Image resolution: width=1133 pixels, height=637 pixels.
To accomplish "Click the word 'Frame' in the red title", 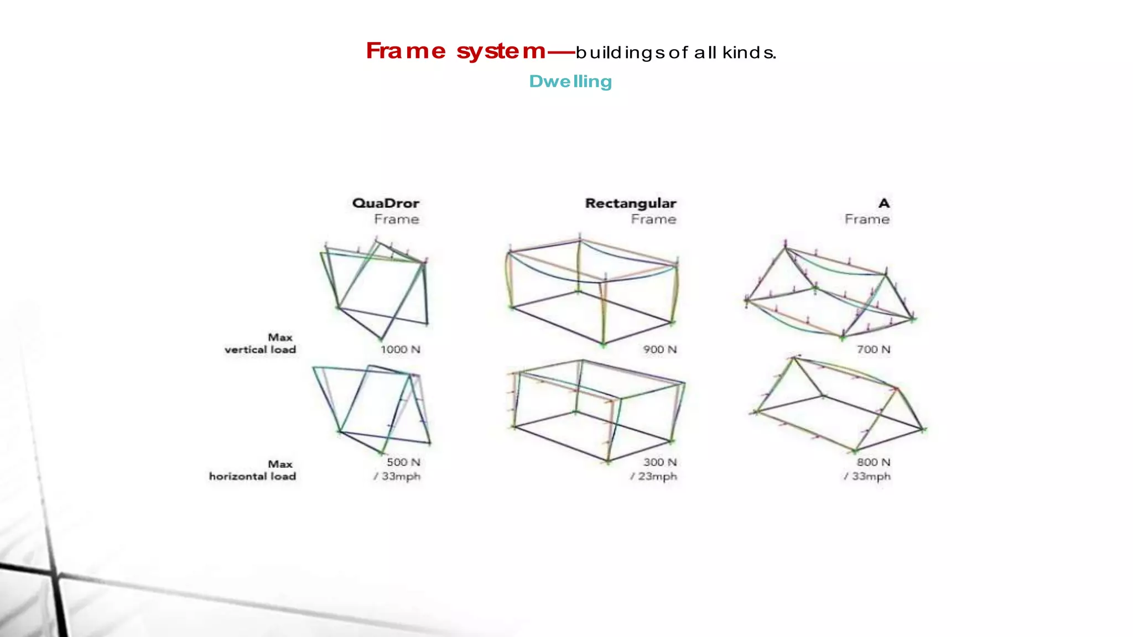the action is [406, 51].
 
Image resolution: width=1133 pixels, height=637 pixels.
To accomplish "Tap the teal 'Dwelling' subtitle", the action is [570, 82].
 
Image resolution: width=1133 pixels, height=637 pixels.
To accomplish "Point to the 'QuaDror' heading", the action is [386, 203].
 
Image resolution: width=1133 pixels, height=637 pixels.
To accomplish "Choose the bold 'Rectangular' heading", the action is [631, 203].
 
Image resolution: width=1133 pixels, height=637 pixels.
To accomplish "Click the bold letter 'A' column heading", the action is [884, 203].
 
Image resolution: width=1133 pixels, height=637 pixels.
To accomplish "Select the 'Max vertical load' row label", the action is [260, 343].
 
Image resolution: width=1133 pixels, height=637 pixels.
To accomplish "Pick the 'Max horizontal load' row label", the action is [252, 470].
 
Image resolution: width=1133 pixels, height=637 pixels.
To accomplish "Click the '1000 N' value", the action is [400, 349].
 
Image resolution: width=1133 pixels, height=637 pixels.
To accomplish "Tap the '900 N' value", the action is [660, 349].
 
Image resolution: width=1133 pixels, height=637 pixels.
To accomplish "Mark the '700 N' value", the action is [874, 349].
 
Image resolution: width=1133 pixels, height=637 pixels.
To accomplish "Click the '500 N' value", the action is [403, 462].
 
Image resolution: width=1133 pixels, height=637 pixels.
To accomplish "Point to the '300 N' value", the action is [660, 462].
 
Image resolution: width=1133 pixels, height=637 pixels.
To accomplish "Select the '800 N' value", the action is [874, 462].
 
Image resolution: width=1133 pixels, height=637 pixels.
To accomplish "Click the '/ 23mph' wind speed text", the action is [653, 477].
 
